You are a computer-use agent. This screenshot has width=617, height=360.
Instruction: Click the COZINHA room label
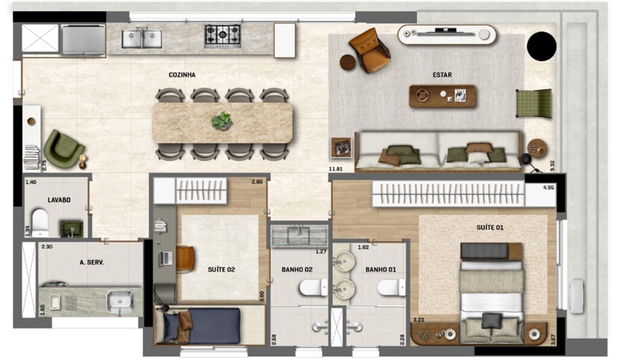tap(182, 75)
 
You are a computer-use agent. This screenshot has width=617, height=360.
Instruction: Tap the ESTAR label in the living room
tap(442, 74)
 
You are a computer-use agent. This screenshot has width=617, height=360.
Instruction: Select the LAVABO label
tap(59, 200)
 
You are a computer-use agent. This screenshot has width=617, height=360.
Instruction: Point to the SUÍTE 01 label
tap(490, 227)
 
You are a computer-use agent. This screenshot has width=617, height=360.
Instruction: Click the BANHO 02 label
tap(297, 270)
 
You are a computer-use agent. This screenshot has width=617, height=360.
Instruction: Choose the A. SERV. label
tap(92, 262)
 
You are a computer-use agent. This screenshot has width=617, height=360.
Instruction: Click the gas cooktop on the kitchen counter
tap(223, 36)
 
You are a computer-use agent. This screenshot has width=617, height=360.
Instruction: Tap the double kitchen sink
tap(142, 38)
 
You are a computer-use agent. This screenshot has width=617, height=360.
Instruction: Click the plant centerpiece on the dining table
tap(222, 121)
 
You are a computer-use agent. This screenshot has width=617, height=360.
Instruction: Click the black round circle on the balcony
tap(542, 46)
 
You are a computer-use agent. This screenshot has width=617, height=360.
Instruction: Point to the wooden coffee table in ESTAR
tap(442, 96)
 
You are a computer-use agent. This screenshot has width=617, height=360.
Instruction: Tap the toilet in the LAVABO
tap(40, 222)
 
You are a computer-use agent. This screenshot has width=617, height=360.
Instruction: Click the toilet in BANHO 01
tap(391, 288)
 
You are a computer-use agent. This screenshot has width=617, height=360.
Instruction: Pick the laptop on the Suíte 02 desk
tap(166, 258)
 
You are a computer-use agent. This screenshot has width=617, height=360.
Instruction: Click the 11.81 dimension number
tap(336, 169)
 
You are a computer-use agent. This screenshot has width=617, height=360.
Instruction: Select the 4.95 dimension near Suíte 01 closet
tap(548, 188)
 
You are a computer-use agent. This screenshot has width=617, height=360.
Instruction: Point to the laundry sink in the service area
tap(120, 302)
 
